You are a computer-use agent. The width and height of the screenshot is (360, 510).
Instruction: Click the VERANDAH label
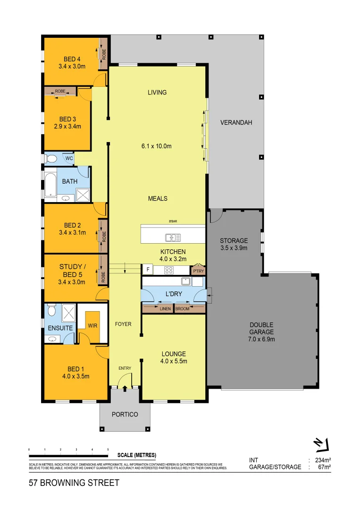click(236, 122)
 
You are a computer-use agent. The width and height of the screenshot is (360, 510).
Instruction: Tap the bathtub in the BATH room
click(50, 184)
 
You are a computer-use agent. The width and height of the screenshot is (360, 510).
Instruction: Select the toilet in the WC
click(51, 158)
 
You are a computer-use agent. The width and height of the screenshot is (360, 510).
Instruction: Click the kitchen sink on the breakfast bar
click(170, 238)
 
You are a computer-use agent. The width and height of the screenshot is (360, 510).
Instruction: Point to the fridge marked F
click(148, 270)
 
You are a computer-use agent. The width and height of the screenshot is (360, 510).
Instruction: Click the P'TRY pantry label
click(198, 271)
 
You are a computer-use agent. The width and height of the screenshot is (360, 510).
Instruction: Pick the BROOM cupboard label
click(182, 309)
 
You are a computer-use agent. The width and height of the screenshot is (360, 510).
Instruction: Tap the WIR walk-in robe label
click(92, 326)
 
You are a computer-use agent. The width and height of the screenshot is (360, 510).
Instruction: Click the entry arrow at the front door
click(125, 388)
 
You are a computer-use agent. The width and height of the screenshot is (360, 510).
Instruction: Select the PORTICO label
click(125, 414)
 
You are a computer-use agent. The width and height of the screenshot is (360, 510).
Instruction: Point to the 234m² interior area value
click(323, 460)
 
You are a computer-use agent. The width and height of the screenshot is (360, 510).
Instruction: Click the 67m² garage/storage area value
click(324, 467)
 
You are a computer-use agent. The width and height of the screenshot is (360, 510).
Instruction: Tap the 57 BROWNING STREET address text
click(74, 483)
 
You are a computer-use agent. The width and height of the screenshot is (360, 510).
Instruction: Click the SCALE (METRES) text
click(136, 455)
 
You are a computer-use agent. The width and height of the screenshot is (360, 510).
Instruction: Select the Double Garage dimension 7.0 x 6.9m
click(262, 339)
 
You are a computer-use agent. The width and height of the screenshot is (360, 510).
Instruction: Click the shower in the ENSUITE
click(69, 311)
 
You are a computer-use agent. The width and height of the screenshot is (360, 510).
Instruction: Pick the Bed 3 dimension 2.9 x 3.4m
click(67, 126)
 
